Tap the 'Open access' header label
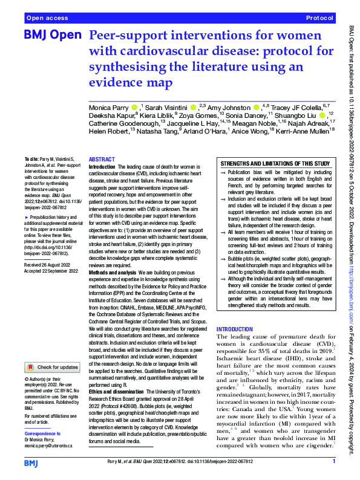(x=45, y=19)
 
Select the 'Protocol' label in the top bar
(x=320, y=19)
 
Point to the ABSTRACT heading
(x=101, y=158)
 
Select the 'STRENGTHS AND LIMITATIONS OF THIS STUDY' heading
(x=275, y=164)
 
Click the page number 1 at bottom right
(x=333, y=461)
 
